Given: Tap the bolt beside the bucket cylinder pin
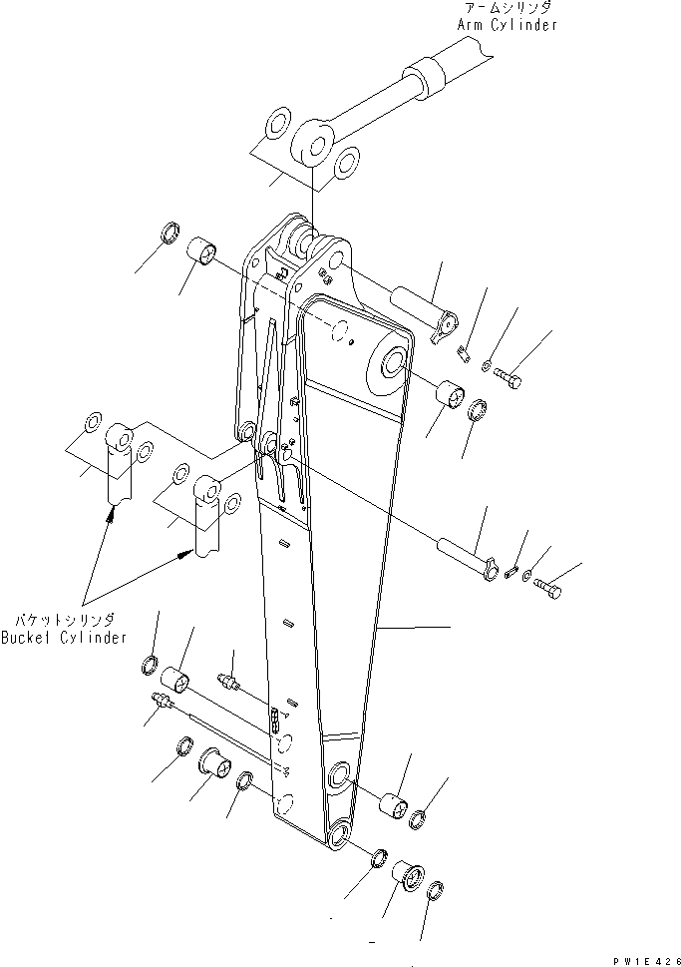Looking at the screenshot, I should [547, 589].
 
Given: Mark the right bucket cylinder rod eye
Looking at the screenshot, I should [207, 490].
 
